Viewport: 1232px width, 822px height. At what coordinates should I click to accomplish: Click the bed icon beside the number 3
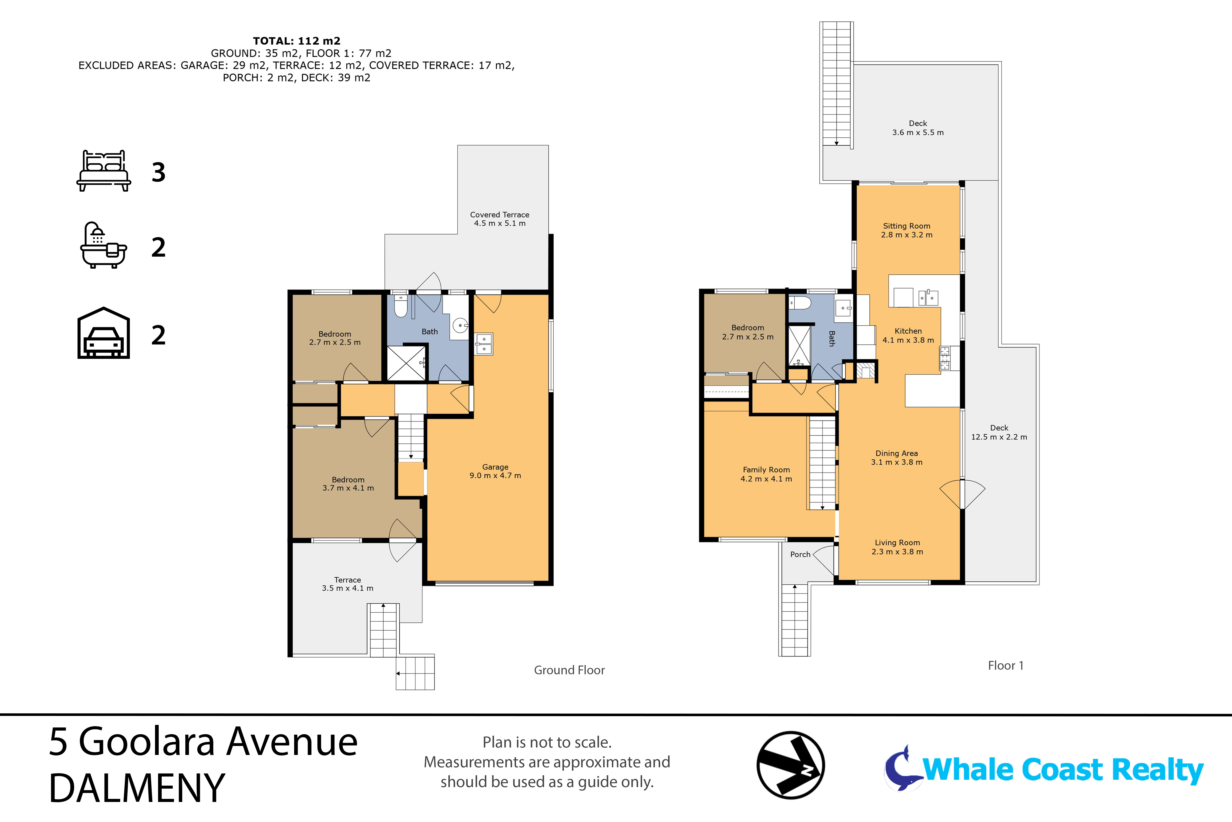tap(104, 171)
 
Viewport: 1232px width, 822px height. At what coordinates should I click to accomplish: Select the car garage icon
tap(104, 333)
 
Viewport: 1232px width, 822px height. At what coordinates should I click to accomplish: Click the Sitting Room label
tap(907, 230)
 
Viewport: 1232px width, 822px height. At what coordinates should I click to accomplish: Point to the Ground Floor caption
tap(569, 670)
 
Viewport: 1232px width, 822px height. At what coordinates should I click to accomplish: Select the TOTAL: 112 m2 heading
tap(296, 41)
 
